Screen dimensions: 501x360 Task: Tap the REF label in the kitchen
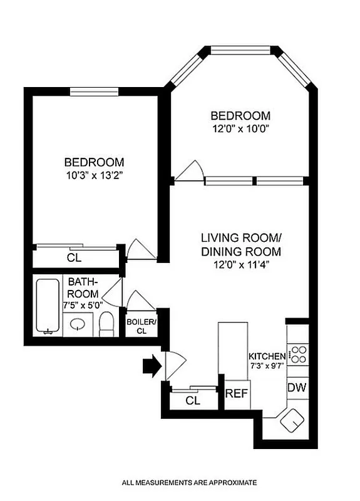[x=234, y=394]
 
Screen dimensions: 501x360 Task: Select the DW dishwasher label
[x=297, y=388]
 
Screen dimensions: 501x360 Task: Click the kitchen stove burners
[x=297, y=354]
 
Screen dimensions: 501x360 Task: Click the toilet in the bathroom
[x=106, y=323]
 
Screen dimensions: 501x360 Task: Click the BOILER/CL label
[x=141, y=326]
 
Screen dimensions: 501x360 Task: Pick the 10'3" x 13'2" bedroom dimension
[x=95, y=176]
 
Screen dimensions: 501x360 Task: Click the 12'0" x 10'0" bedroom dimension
[x=240, y=130]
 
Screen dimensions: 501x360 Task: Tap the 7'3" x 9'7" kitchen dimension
[x=267, y=366]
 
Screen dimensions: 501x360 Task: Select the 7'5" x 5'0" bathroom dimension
[x=83, y=306]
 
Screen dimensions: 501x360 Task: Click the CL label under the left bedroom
[x=73, y=257]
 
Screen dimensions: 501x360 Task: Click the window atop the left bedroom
[x=94, y=91]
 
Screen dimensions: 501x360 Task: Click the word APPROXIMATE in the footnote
[x=226, y=483]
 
